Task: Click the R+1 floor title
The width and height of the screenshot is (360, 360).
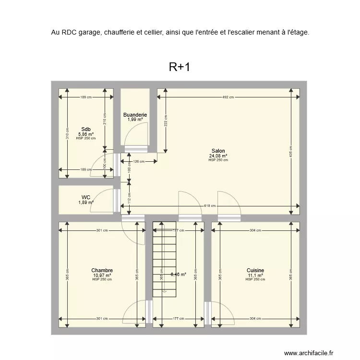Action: tap(180, 67)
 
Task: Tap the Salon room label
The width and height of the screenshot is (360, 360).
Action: tap(218, 151)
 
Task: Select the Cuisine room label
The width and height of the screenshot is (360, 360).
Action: tap(255, 271)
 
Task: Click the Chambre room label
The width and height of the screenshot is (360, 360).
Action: tap(102, 271)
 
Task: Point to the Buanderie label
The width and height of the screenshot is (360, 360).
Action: tap(135, 115)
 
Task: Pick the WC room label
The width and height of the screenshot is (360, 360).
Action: tap(86, 197)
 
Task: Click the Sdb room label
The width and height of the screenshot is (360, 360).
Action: tap(86, 129)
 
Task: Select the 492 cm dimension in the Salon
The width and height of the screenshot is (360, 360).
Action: tap(228, 97)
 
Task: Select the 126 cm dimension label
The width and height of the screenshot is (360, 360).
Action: tap(139, 162)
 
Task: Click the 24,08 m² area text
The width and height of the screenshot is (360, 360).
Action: tap(218, 156)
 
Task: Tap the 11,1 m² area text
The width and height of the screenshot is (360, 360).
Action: tap(255, 276)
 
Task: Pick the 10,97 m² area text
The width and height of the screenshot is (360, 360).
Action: tap(102, 276)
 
